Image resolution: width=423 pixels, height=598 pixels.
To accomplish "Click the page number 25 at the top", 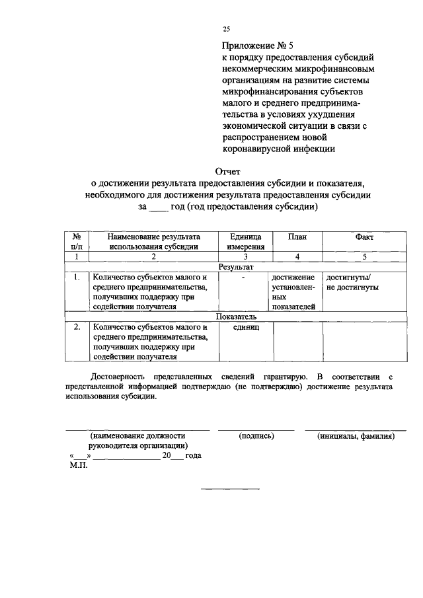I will point(226,29).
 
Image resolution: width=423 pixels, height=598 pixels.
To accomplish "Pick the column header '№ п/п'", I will point(77,242).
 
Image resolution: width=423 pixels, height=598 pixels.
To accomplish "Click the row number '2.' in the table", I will point(77,327).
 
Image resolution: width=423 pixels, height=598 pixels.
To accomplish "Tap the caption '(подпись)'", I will point(256,437).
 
